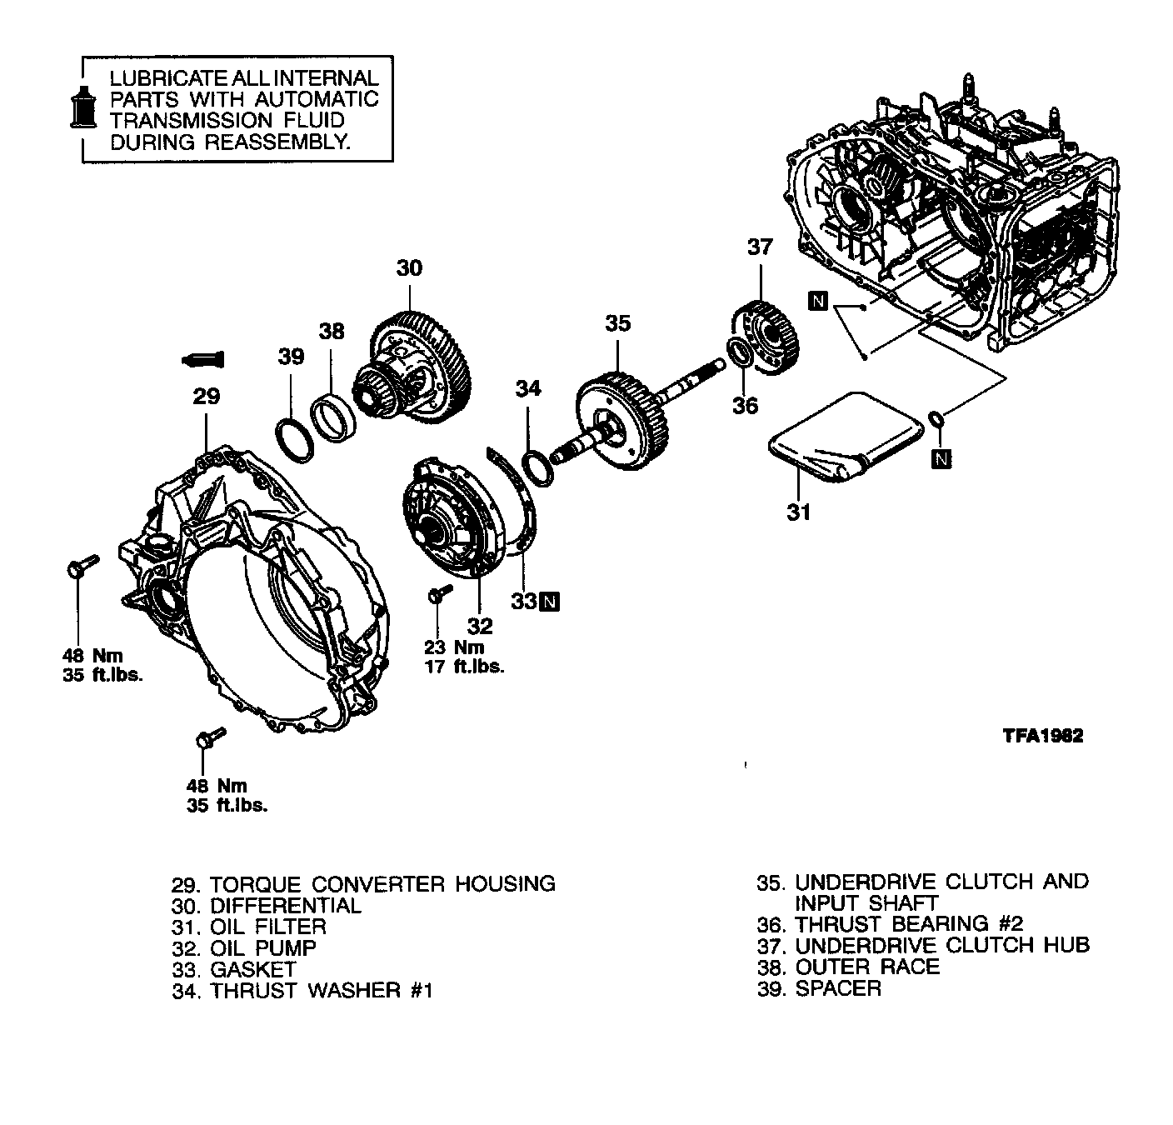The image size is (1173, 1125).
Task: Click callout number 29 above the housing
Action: pos(206,397)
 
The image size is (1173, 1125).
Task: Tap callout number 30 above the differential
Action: pos(409,267)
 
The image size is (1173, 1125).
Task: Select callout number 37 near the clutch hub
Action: pos(760,247)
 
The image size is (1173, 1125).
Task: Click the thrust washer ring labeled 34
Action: pos(537,467)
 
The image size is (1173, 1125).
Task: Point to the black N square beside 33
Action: pos(550,601)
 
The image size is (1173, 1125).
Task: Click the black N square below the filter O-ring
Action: pos(941,457)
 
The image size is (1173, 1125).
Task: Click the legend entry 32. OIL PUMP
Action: pos(244,947)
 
